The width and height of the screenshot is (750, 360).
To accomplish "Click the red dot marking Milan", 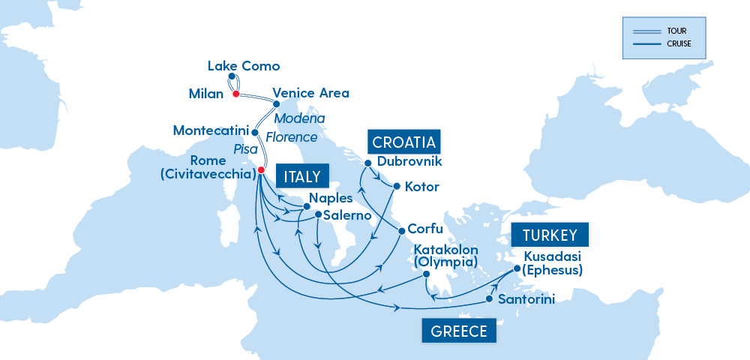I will click(x=235, y=94).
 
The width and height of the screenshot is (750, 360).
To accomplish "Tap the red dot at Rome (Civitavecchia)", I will click(x=260, y=170).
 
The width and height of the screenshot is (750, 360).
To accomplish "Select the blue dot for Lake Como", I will click(x=232, y=76).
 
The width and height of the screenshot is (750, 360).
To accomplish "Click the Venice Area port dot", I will click(x=266, y=105).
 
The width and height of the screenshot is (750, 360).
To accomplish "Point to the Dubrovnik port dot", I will click(x=368, y=163).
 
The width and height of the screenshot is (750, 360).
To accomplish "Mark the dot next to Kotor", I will click(x=397, y=186).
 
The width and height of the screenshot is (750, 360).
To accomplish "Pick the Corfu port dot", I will click(x=402, y=230).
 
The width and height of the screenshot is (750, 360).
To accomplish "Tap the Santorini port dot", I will click(x=489, y=299).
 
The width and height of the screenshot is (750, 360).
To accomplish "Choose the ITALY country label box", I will click(x=302, y=177).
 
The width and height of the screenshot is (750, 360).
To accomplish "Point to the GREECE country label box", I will click(x=459, y=331).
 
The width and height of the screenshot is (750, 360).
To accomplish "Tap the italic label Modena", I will click(x=299, y=118).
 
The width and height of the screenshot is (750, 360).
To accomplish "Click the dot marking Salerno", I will click(x=319, y=214).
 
